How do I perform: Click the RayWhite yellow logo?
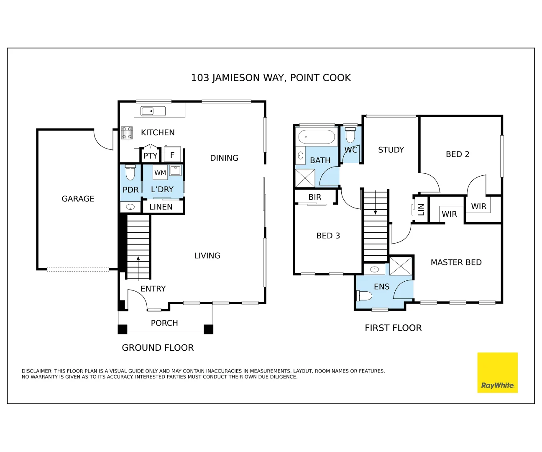tap(497, 372)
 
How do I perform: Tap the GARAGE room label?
tap(78, 199)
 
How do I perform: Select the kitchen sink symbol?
tap(153, 111)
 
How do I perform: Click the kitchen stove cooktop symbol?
tap(127, 133)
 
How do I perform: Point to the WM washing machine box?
tap(160, 172)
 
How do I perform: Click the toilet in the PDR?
tap(130, 172)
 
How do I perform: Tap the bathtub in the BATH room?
tap(317, 137)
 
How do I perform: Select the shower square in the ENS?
tap(401, 266)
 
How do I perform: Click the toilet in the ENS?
tap(364, 296)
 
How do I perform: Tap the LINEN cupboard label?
tap(161, 207)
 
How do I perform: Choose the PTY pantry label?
tap(150, 156)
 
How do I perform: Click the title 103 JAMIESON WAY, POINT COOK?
tap(271, 78)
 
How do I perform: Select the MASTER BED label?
tap(456, 262)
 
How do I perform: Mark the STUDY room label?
tap(391, 150)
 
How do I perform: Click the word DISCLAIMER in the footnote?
tap(37, 371)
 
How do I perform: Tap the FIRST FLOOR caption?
tap(393, 328)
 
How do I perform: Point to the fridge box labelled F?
tap(172, 155)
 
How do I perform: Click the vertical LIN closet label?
tap(421, 209)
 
